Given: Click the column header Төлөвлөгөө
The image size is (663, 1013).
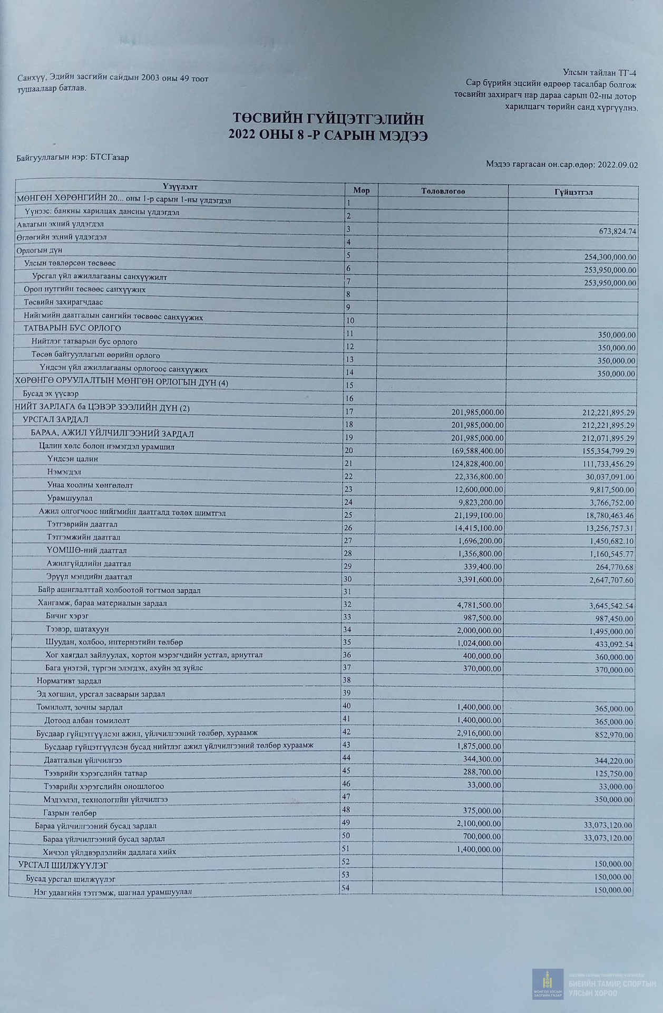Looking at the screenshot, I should pos(443,191).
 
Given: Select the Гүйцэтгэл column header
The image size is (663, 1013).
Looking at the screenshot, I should pos(573,192).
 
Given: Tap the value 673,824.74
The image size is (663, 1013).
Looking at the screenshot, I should pos(610,231).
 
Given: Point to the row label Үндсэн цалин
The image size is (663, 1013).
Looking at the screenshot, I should pos(72,459).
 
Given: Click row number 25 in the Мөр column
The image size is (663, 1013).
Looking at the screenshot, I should pos(348,514).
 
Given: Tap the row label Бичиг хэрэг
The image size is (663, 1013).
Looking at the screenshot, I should pos(67,616).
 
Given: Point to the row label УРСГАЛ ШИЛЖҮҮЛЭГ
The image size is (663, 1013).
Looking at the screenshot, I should pos(63,865).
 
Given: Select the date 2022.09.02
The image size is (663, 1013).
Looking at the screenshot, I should pos(618,165).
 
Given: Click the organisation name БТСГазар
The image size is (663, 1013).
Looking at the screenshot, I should pos(109,157).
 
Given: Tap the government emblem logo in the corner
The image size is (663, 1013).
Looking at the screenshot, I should pos(548,985).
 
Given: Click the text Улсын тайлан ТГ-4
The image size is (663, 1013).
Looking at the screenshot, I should pos(599,73).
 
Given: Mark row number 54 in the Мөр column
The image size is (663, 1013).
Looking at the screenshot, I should pos(345,888).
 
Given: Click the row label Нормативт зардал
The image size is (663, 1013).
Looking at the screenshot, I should pos(69,681).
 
